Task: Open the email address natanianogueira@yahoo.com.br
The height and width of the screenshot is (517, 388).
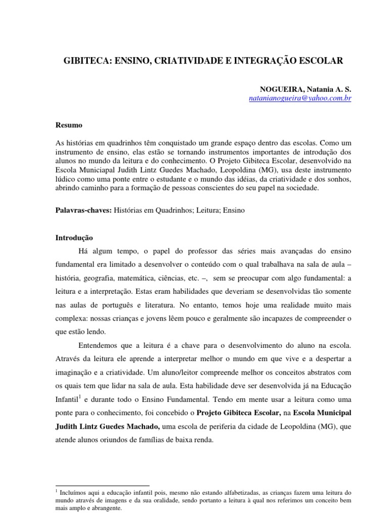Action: pyautogui.click(x=300, y=98)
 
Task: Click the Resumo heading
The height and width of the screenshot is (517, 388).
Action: pyautogui.click(x=69, y=125)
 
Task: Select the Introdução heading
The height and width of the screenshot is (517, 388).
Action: pyautogui.click(x=74, y=237)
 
